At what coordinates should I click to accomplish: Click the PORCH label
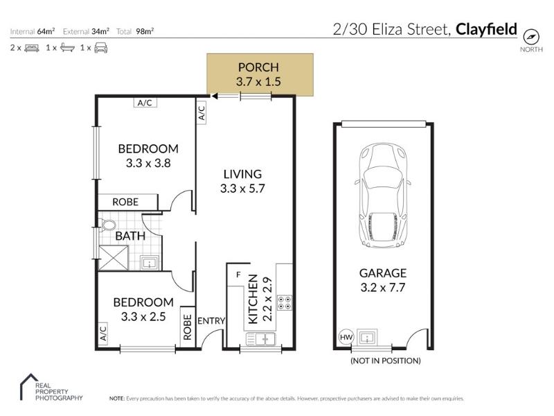click(258, 67)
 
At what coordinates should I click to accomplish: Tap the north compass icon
click(531, 37)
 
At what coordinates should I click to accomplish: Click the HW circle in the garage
click(346, 337)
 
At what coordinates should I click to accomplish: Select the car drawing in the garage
click(383, 196)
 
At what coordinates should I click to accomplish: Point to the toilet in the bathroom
click(107, 225)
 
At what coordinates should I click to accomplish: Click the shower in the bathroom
click(114, 258)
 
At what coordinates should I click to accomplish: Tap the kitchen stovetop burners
click(285, 302)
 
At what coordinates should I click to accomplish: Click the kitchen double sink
click(261, 339)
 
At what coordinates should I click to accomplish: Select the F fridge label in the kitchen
click(238, 275)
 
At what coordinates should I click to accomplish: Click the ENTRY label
click(211, 321)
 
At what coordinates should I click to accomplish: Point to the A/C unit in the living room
click(202, 113)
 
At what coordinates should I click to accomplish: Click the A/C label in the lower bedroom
click(102, 333)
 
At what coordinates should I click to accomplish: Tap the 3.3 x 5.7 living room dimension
click(242, 189)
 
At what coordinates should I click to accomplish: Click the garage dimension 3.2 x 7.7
click(383, 288)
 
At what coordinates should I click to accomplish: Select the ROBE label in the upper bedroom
click(125, 202)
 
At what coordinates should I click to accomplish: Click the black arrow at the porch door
click(214, 96)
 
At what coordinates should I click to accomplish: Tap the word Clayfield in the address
click(486, 29)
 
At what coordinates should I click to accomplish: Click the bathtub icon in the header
click(67, 48)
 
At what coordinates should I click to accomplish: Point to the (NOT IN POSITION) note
click(386, 361)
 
